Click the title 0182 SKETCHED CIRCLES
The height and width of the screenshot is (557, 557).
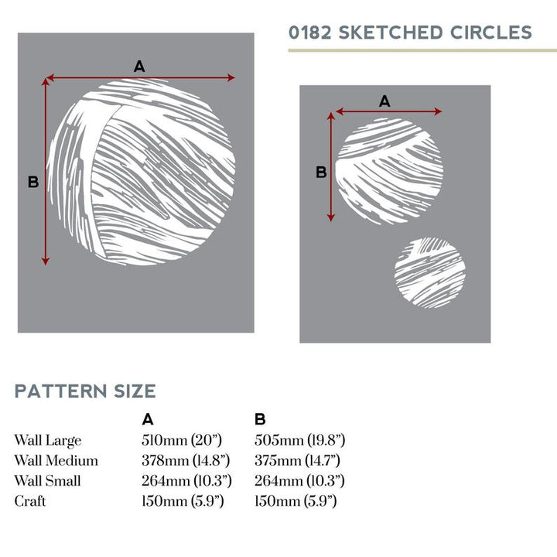[x=410, y=32]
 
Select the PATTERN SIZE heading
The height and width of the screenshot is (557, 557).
[x=85, y=391]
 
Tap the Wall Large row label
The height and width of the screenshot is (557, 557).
[x=47, y=440]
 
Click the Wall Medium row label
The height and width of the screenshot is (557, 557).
[x=56, y=460]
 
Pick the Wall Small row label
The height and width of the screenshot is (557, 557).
[x=47, y=480]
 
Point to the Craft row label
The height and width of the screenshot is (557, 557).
[x=30, y=501]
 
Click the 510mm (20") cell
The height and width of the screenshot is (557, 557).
[x=182, y=440]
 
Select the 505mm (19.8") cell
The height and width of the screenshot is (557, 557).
[x=299, y=440]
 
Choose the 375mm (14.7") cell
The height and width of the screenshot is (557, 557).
[x=299, y=460]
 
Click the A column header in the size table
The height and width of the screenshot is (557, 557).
[x=148, y=419]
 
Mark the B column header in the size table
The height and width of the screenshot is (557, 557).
[x=260, y=419]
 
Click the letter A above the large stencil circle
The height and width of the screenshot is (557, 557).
[x=139, y=67]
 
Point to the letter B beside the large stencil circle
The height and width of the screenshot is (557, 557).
[x=33, y=182]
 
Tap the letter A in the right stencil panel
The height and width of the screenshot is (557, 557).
[x=384, y=101]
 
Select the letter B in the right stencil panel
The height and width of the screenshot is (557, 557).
[x=321, y=172]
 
